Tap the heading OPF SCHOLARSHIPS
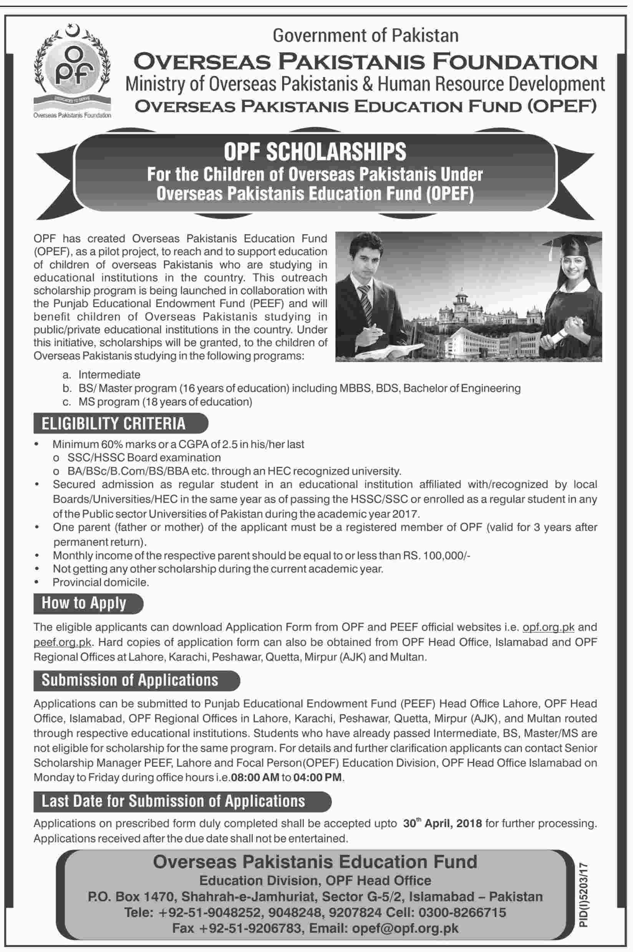(x=315, y=152)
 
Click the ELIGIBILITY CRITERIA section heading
(x=113, y=423)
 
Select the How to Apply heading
(x=84, y=603)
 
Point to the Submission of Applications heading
(x=129, y=680)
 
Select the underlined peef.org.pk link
(x=63, y=642)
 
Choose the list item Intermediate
(x=109, y=374)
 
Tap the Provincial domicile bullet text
(x=101, y=582)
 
